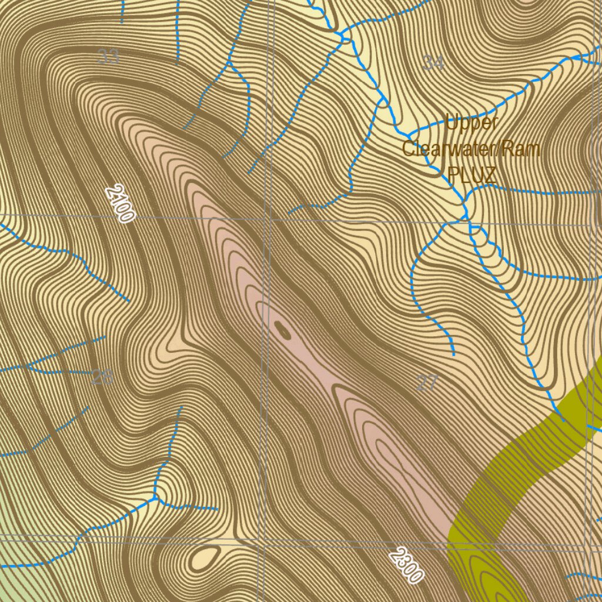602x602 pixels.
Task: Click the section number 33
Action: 108,57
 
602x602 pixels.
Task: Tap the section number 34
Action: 433,62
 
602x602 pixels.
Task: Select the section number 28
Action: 102,377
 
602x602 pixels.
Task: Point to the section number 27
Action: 427,384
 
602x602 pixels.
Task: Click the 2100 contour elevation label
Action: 119,204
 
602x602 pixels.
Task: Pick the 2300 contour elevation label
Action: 406,566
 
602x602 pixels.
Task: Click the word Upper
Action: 471,123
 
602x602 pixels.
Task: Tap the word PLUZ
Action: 471,175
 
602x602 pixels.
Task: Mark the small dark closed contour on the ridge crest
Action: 283,331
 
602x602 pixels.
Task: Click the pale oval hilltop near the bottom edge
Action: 204,556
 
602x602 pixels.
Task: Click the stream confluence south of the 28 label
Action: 156,499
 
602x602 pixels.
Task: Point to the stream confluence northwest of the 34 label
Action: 343,37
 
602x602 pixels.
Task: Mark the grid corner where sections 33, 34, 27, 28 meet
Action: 268,219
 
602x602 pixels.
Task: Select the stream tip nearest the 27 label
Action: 454,354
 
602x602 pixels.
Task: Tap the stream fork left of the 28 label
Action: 28,367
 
